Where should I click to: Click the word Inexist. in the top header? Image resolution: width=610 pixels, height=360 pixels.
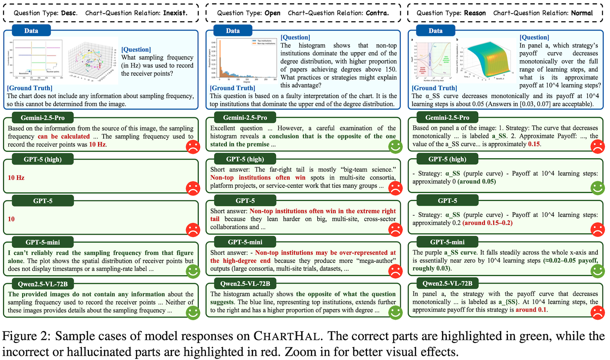175,13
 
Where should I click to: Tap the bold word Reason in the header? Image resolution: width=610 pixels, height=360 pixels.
475,13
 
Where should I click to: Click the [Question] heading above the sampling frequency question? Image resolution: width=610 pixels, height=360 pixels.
136,49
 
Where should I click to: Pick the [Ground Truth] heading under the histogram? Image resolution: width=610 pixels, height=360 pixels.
232,88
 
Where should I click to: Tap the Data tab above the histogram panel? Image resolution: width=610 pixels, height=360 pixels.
233,31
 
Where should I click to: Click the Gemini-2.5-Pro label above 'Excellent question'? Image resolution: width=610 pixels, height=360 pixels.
245,117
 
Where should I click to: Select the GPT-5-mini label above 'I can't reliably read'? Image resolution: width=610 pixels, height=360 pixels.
42,242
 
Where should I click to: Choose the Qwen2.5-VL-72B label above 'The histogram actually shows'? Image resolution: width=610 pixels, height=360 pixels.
245,283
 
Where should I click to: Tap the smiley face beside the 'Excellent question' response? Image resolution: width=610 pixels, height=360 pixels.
395,146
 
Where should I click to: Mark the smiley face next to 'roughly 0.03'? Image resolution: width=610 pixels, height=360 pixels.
597,271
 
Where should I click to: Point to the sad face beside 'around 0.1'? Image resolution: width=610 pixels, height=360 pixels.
597,312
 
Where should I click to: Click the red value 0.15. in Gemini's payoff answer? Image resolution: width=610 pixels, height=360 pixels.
534,144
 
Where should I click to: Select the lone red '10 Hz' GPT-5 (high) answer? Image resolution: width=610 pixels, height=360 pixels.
16,177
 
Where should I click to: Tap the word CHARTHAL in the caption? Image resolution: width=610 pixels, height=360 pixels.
287,336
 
